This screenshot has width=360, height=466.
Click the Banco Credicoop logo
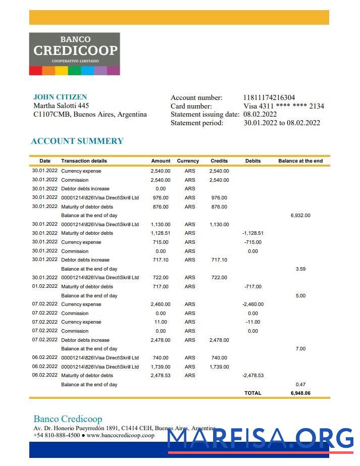click(74, 54)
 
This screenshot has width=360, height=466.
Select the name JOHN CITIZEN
click(60, 97)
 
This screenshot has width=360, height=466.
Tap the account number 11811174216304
click(269, 98)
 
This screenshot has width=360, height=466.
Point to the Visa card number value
click(284, 106)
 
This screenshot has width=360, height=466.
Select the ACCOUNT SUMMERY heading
click(77, 141)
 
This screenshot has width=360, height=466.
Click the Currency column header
click(188, 161)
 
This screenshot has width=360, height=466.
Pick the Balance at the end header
click(300, 161)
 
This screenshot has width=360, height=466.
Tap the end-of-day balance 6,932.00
click(300, 216)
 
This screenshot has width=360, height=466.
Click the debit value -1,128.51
click(253, 233)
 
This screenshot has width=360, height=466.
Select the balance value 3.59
click(300, 269)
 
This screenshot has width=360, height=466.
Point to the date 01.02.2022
click(45, 286)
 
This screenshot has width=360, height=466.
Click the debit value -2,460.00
click(253, 304)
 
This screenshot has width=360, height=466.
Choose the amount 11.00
click(161, 322)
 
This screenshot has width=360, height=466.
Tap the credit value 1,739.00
click(219, 367)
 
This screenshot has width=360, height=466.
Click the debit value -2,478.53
click(253, 376)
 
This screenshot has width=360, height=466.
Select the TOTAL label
click(253, 393)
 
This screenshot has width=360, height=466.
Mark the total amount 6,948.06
click(300, 393)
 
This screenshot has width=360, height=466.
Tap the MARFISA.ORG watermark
click(260, 438)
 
